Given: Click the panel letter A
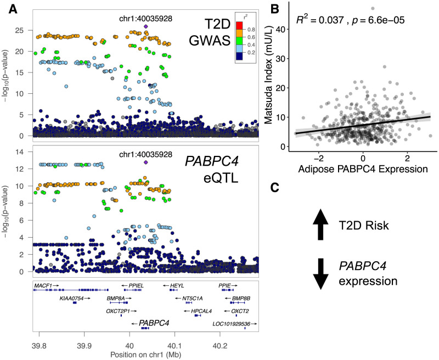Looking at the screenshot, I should [x=12, y=8].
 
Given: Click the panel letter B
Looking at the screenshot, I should [x=274, y=8].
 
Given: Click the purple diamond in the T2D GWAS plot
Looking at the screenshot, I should [x=145, y=26].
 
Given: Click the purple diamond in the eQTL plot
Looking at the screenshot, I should [x=145, y=162].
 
